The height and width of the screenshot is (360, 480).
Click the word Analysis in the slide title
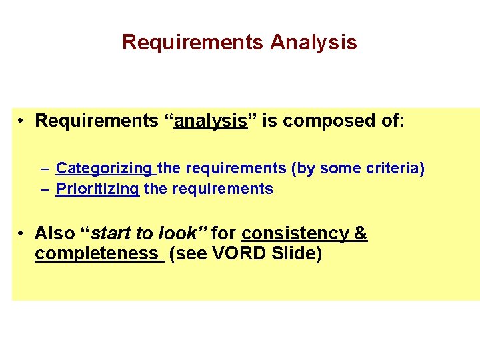pyautogui.click(x=313, y=43)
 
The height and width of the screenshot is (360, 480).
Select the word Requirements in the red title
pyautogui.click(x=193, y=43)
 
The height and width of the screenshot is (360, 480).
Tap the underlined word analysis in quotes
pyautogui.click(x=211, y=121)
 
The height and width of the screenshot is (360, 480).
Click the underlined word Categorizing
pyautogui.click(x=104, y=169)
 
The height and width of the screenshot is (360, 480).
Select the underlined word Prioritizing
pyautogui.click(x=97, y=189)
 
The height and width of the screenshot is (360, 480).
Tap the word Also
pyautogui.click(x=55, y=233)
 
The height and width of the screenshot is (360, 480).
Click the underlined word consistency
pyautogui.click(x=294, y=233)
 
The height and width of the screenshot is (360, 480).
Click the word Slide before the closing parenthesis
pyautogui.click(x=294, y=254)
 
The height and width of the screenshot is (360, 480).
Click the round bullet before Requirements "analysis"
pyautogui.click(x=22, y=121)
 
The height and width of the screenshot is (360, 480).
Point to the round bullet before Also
pyautogui.click(x=22, y=233)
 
